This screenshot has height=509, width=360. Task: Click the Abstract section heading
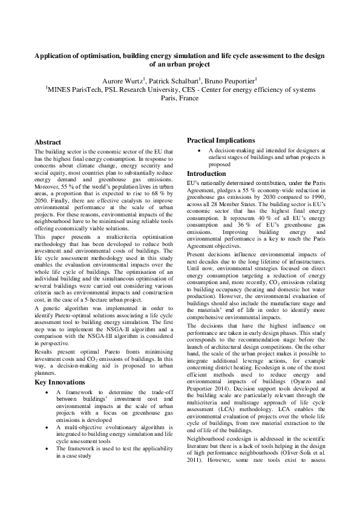tap(48, 141)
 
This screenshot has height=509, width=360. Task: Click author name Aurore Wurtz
tap(140, 79)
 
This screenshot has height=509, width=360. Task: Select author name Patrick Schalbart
tap(196, 79)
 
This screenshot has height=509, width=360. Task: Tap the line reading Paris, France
tap(180, 98)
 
